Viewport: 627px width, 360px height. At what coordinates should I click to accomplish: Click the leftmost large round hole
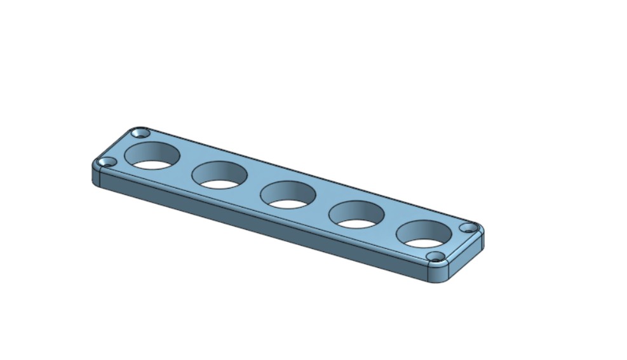click(x=152, y=156)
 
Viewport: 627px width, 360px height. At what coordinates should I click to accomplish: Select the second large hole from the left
click(x=219, y=175)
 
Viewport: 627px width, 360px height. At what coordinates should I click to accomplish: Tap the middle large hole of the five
click(x=288, y=194)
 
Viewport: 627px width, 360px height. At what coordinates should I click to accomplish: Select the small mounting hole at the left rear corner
click(x=141, y=133)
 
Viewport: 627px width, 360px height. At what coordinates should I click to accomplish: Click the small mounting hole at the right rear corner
click(x=468, y=227)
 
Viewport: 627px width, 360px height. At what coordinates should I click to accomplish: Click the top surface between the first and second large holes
click(x=186, y=166)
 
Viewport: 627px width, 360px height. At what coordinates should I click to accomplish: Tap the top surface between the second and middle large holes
click(x=254, y=185)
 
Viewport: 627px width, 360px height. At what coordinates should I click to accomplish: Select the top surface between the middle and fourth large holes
click(x=322, y=204)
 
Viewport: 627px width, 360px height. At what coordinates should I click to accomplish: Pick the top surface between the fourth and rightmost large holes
click(x=390, y=224)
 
